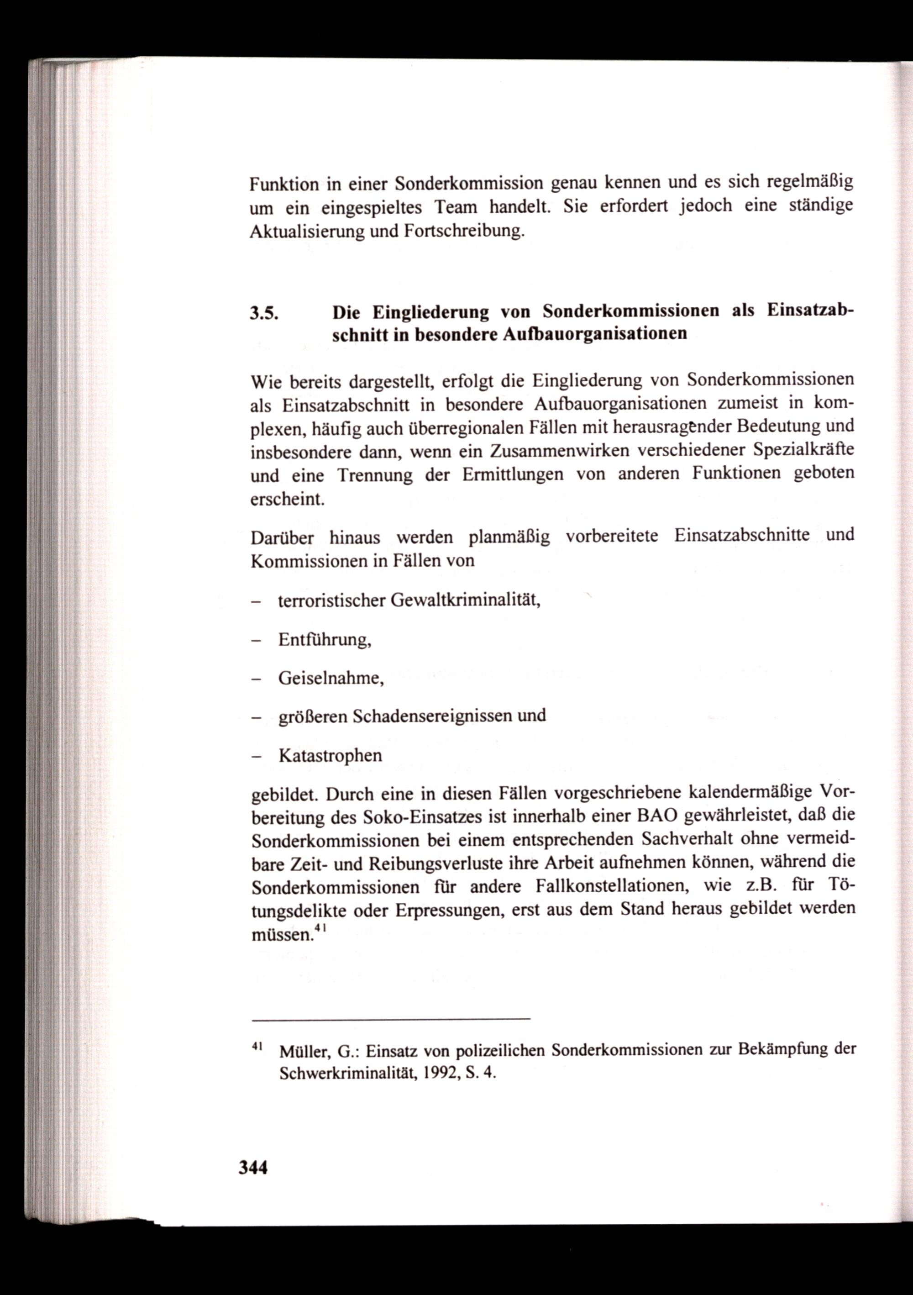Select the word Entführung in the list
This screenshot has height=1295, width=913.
point(324,640)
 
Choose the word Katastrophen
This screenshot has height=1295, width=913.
point(330,755)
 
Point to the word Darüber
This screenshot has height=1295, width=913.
point(282,537)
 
